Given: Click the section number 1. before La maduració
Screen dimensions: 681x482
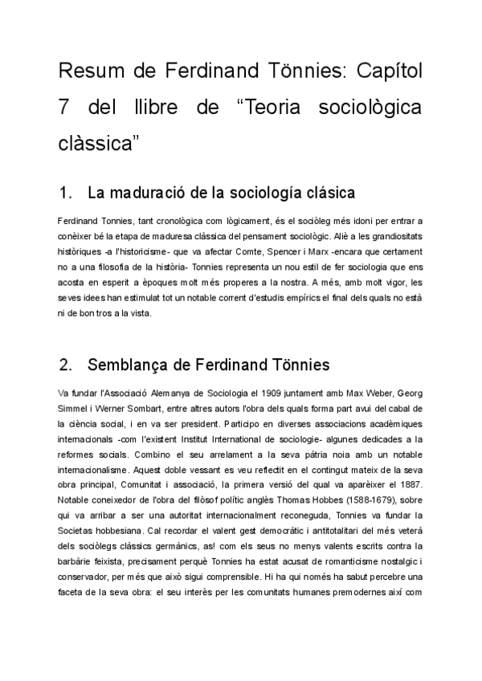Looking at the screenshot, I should pyautogui.click(x=67, y=194).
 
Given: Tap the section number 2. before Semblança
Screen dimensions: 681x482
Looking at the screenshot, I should pyautogui.click(x=67, y=365).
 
